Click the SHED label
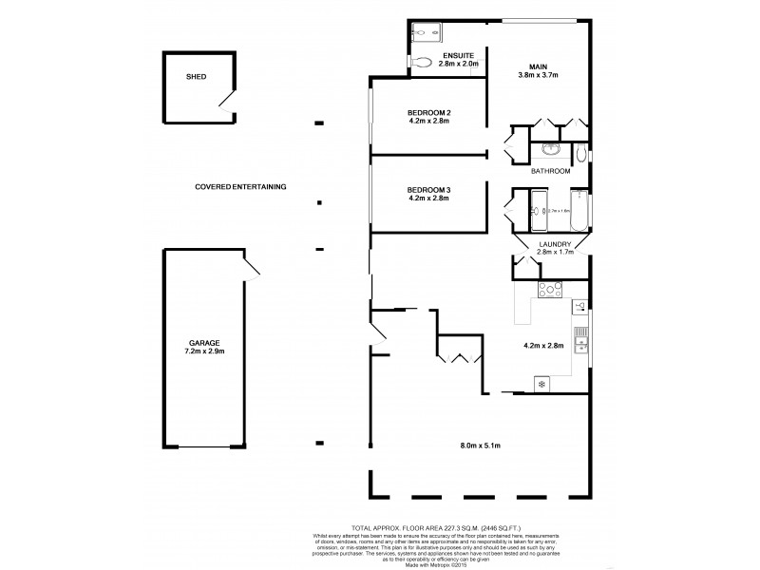coord(196,76)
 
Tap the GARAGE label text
coord(203,342)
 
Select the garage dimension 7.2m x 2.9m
coord(203,351)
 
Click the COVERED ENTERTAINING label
coord(240,186)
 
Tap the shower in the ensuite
coord(427,31)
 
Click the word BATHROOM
coord(551,171)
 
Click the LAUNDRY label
coord(554,245)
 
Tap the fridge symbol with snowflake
coord(541,384)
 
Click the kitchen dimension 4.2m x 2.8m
coord(544,346)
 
